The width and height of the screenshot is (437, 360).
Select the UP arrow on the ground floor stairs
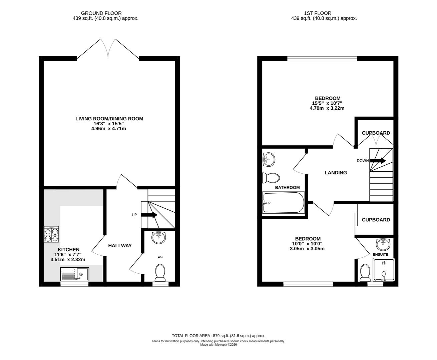tap(149, 215)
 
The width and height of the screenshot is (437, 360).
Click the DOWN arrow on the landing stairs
tap(378, 161)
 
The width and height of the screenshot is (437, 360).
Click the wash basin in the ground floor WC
tap(159, 237)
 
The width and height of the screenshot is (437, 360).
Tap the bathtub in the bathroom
tap(284, 203)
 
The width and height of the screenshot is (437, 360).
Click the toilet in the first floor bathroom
tap(271, 178)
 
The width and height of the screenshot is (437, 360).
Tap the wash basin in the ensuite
tap(383, 244)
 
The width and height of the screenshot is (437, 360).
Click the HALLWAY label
tap(120, 246)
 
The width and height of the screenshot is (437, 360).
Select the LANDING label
tap(336, 173)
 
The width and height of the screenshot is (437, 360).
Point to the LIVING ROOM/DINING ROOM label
tap(109, 119)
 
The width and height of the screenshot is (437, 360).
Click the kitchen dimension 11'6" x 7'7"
tap(68, 255)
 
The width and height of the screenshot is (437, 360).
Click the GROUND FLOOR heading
tap(97, 13)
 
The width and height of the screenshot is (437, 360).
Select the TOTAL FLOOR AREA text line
tap(218, 336)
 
